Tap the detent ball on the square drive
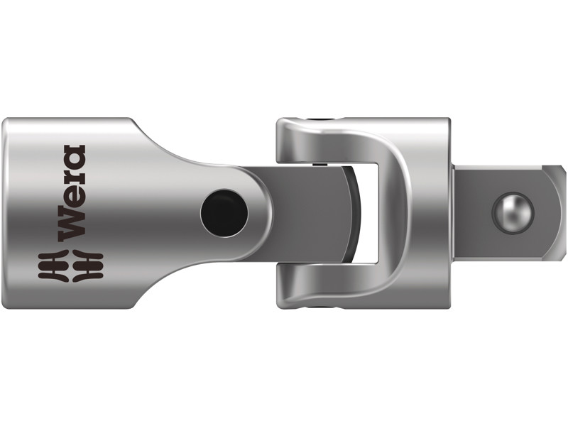(513, 211)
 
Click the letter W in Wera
(73, 227)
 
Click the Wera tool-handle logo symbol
(73, 266)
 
